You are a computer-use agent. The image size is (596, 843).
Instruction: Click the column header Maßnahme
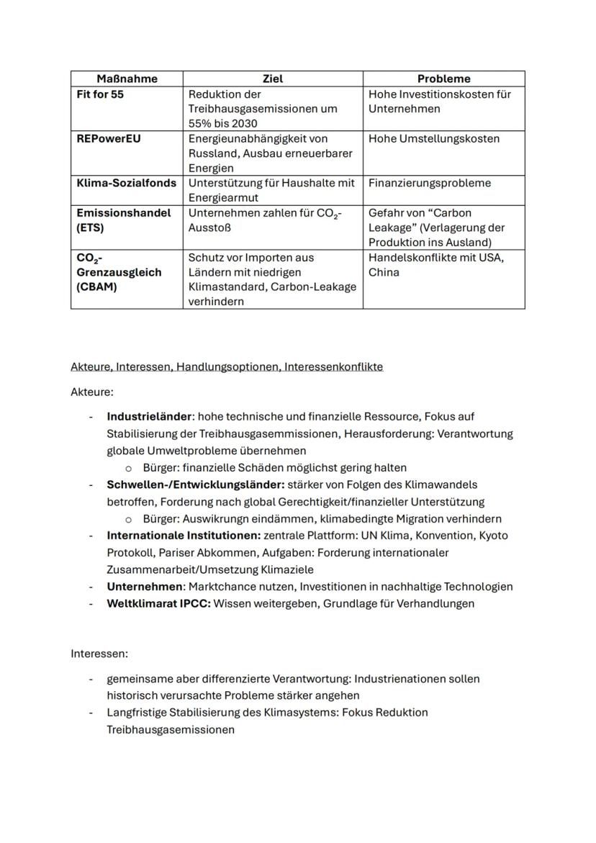coord(127,78)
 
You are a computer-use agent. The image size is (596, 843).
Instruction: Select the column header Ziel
coord(273,78)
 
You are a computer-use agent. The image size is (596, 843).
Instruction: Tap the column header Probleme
coord(443,78)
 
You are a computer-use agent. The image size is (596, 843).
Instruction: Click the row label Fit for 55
coord(100,94)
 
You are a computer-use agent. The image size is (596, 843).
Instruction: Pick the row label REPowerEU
coord(109,139)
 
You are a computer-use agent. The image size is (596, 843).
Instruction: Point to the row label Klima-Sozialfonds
coord(126,184)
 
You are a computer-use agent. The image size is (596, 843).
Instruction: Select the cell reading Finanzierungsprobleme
coord(429,184)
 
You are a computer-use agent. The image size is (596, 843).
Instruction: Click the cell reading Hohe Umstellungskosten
coord(433,139)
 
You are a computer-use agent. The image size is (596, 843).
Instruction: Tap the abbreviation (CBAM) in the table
coord(96,287)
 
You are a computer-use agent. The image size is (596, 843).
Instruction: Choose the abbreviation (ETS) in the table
coord(91,228)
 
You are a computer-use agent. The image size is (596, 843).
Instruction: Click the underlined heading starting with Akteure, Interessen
coord(227,367)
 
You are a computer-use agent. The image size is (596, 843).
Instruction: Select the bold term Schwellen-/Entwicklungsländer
coord(195,485)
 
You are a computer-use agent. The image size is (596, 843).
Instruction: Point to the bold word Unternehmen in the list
coord(145,587)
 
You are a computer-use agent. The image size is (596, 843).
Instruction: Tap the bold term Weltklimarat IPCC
coord(158,604)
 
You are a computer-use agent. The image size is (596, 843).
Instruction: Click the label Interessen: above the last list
coord(99,654)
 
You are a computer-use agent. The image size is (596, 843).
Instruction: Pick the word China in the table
coord(384,273)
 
